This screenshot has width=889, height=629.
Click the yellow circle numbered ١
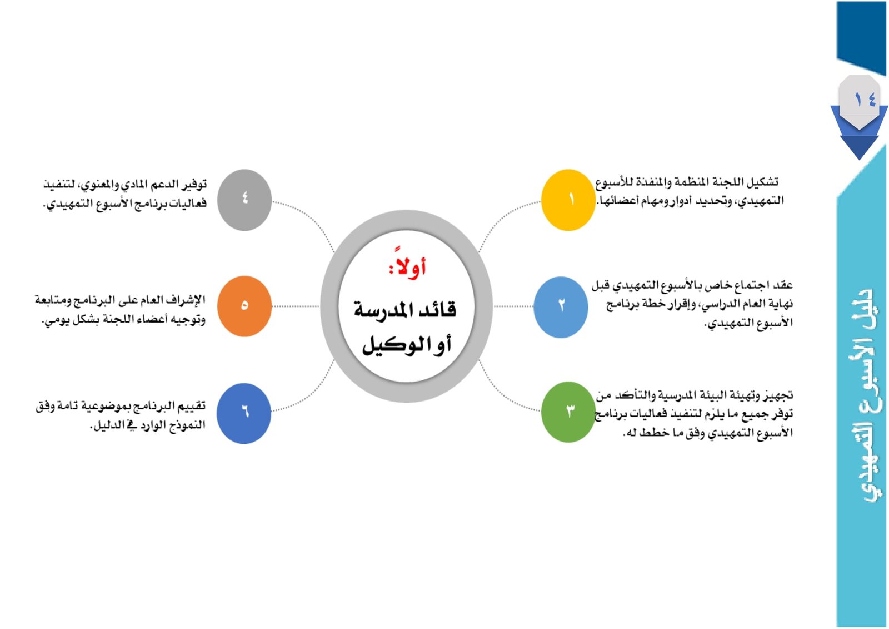[567, 200]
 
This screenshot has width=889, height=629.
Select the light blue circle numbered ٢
[560, 306]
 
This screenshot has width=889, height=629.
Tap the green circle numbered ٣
[568, 412]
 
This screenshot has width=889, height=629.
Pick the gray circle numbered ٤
[244, 200]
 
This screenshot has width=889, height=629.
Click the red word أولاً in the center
[408, 268]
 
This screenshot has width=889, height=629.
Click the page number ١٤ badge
[859, 100]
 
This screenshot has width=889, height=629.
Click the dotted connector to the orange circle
[295, 306]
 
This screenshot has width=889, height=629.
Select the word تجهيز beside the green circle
[778, 395]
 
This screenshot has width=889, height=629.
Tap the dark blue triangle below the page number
[860, 147]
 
